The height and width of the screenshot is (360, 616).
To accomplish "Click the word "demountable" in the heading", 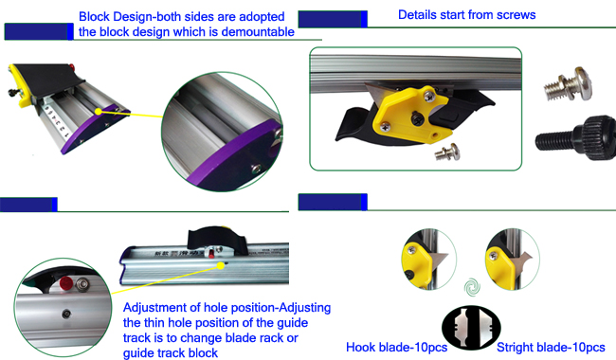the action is coord(258,32).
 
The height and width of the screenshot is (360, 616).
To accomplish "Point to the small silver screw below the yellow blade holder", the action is coord(448,152).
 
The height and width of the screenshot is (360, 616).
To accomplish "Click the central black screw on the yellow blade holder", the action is coord(417,117).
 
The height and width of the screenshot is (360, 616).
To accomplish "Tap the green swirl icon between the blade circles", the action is coord(471,287).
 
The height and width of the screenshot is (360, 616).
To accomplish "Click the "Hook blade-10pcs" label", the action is coord(396,348).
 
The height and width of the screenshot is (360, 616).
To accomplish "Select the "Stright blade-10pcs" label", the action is coord(551,348).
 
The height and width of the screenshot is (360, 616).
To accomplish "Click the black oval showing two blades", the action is coord(471,328).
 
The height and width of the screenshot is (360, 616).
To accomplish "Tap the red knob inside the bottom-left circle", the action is coord(65,283).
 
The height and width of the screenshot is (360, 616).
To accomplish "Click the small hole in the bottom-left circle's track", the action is coord(66,314).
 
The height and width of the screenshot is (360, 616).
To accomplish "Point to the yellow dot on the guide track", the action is coord(221,266).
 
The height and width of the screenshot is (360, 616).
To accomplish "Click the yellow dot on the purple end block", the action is coord(99,112).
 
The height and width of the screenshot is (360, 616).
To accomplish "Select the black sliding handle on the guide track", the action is coord(217,238).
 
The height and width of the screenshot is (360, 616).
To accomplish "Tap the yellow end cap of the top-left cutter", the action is coord(19,84).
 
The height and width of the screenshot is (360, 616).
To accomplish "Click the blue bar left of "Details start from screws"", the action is coord(333,19).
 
